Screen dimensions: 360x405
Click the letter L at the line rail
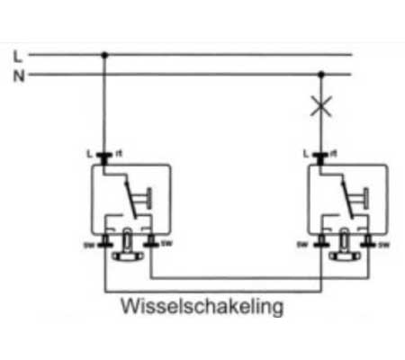pyautogui.click(x=17, y=56)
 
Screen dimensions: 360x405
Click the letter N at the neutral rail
pyautogui.click(x=17, y=76)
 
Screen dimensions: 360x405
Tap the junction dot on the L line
pyautogui.click(x=104, y=56)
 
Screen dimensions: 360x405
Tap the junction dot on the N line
pyautogui.click(x=319, y=76)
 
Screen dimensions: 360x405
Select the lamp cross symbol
pyautogui.click(x=319, y=107)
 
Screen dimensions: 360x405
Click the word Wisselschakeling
pyautogui.click(x=202, y=307)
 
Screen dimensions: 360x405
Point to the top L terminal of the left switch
pyautogui.click(x=104, y=158)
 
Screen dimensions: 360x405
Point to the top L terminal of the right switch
pyautogui.click(x=319, y=158)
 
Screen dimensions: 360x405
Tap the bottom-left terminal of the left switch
pyautogui.click(x=104, y=242)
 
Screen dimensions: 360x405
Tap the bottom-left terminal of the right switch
pyautogui.click(x=319, y=242)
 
